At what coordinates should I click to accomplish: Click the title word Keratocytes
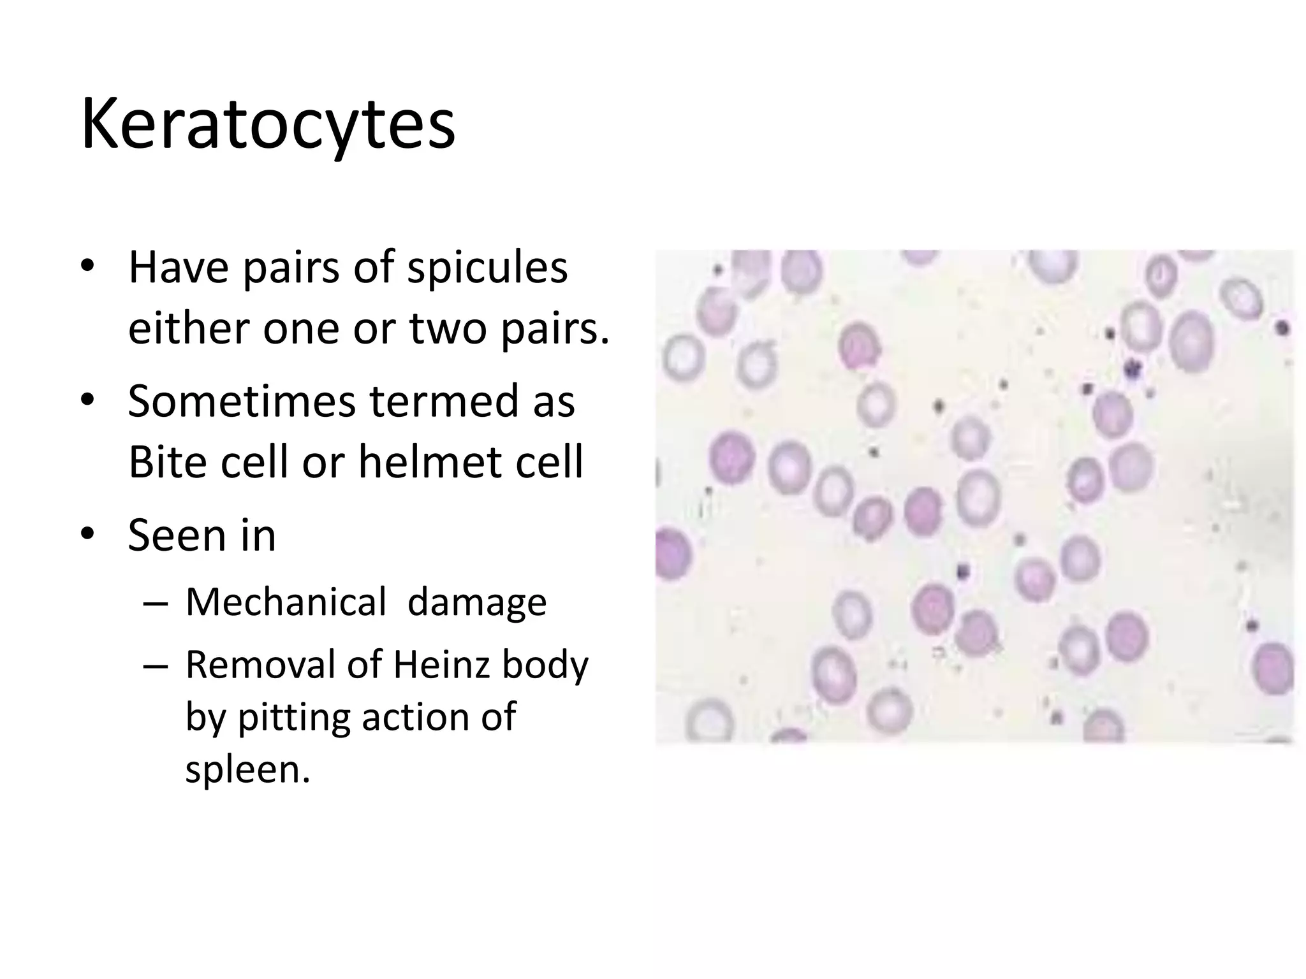268,124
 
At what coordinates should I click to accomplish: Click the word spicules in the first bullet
487,268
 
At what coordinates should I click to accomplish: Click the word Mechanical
286,602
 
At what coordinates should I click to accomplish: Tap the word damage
476,602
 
